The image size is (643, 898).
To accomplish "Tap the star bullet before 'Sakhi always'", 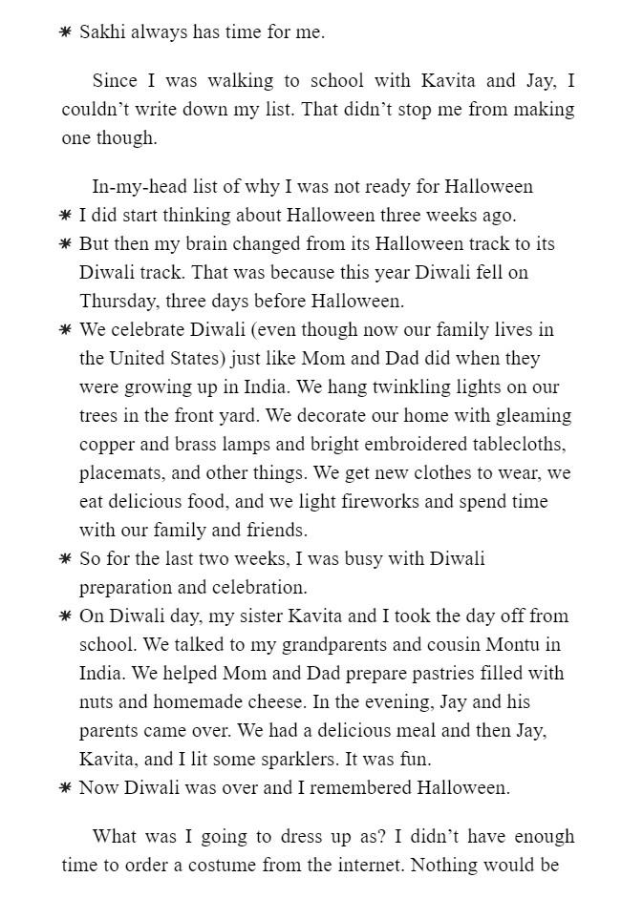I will click(x=65, y=32).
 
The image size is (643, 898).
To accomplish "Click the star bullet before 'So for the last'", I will click(x=65, y=559).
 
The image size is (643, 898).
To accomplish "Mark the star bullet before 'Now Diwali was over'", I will click(x=65, y=788).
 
